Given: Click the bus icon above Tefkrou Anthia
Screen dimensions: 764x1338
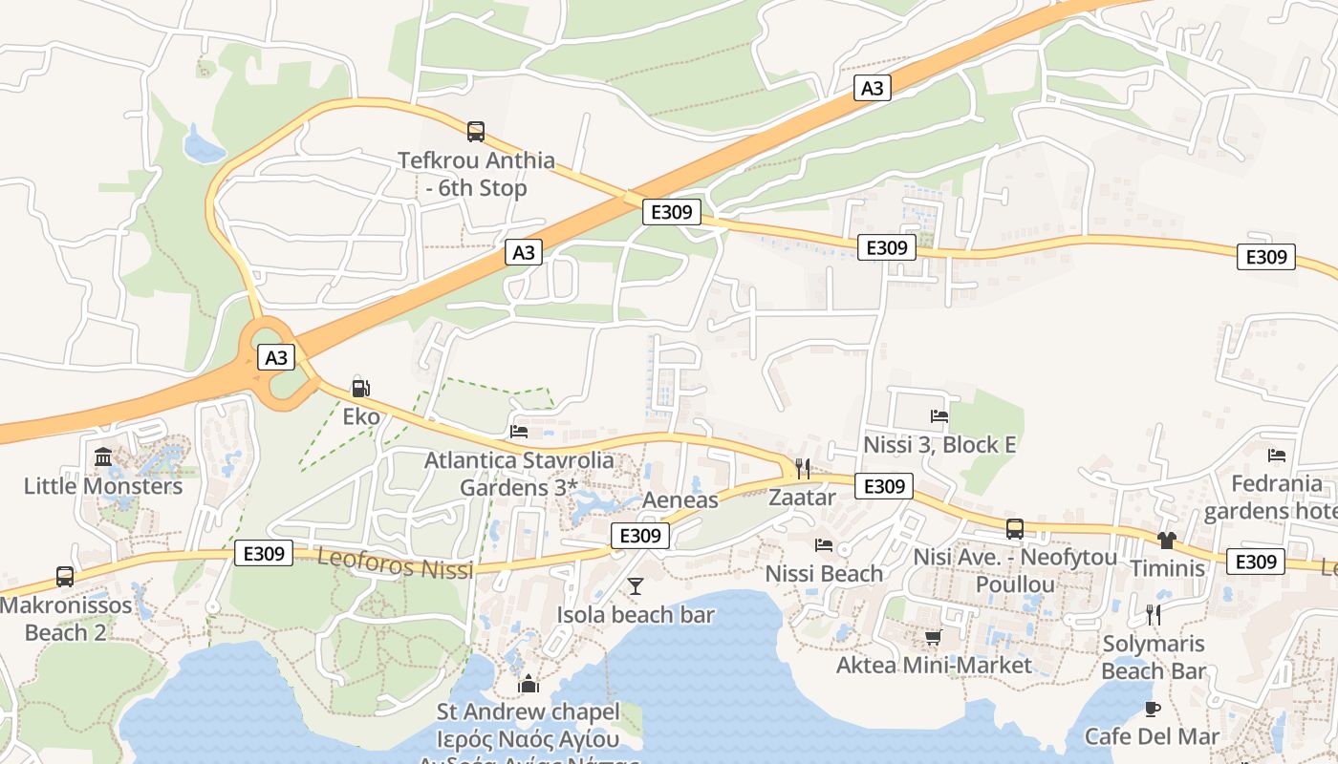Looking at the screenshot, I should point(475,132).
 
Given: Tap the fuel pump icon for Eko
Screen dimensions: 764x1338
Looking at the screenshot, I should point(360,389).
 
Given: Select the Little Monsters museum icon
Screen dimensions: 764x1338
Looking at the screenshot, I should point(103,457).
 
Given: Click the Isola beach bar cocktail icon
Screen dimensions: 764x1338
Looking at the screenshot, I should point(636,585).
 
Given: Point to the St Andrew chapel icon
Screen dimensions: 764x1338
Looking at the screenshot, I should point(528,684).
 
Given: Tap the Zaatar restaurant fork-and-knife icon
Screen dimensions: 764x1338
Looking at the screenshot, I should point(803,468).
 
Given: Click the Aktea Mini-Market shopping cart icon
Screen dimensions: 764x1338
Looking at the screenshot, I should point(933,637).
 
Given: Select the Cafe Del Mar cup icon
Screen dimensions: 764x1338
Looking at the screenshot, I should point(1152,709).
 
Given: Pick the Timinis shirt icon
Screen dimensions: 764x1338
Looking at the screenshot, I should point(1166,541).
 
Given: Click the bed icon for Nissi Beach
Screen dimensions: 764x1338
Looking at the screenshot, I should point(824,545).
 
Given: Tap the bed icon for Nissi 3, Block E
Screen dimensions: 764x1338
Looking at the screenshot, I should point(939,416).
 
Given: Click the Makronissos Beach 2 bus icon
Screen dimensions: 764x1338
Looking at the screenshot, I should point(64,577).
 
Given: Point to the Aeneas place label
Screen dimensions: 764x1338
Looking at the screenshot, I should point(680,500).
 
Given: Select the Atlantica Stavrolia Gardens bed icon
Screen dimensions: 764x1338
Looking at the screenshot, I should point(519,432).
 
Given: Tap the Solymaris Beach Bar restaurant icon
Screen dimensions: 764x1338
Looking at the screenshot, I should point(1154,614).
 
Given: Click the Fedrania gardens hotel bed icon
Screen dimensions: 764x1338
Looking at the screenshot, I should point(1277,455).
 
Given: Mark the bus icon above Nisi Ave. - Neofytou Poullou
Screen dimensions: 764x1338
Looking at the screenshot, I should point(1014,528).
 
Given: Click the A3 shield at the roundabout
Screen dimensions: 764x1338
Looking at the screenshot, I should point(275,358).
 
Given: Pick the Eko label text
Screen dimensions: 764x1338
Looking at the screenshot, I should point(361,417).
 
